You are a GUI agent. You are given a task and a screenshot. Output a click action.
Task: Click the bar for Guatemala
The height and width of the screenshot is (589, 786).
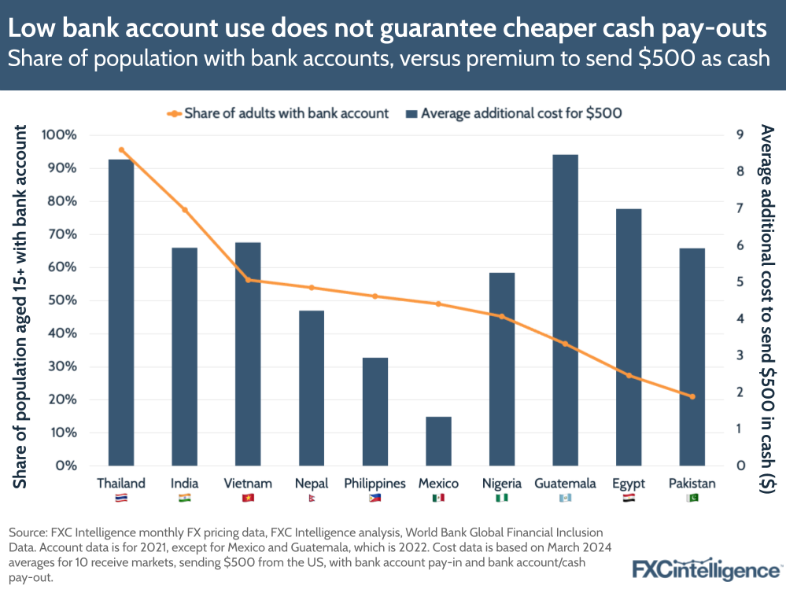coord(565,310)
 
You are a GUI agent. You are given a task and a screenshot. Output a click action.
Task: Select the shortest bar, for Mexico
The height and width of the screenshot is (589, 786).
coord(438,441)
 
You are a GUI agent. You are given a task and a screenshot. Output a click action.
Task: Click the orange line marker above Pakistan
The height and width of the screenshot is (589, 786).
coord(692,396)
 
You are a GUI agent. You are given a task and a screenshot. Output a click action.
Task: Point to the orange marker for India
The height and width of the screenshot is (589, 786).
coord(185,210)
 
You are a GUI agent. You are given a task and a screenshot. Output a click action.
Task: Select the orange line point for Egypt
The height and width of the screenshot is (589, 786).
coord(629,375)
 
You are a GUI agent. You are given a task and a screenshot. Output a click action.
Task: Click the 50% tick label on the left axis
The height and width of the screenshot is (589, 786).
coord(61,300)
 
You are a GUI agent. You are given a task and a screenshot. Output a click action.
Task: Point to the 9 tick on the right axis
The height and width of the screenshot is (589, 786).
coord(740,135)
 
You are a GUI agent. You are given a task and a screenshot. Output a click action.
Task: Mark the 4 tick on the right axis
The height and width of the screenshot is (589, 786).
coord(740,318)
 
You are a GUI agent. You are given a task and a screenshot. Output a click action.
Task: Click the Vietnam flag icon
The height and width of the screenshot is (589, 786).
coord(248,498)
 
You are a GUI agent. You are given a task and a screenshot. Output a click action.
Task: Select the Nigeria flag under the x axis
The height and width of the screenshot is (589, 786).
coord(501,498)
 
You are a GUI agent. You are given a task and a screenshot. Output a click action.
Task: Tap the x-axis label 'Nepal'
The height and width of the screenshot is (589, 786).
coord(311,484)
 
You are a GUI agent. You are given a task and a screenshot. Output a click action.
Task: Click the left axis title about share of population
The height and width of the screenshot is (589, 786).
coord(21,307)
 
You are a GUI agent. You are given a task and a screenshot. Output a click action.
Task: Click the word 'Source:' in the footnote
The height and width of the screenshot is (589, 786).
coord(28,532)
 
